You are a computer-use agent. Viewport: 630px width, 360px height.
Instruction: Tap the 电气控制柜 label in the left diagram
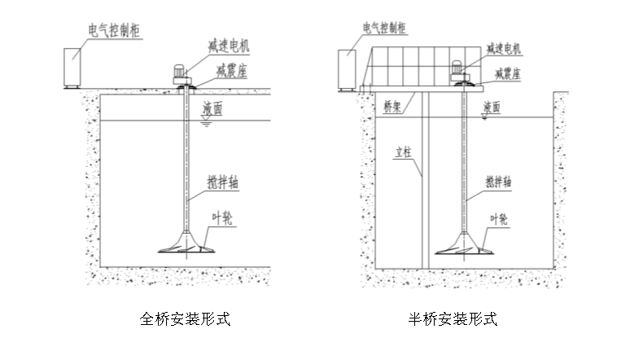[x=116, y=30]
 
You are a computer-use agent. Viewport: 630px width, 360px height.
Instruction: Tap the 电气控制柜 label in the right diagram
[x=384, y=29]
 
